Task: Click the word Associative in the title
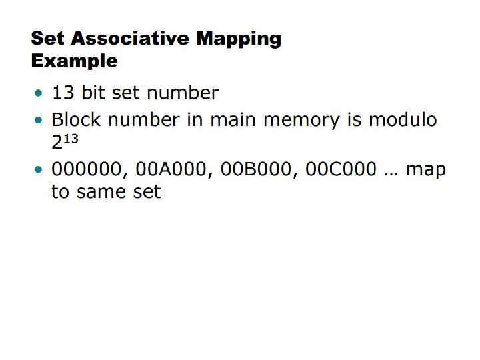point(131,39)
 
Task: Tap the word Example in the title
point(75,62)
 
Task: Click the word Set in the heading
point(47,39)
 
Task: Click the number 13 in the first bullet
point(63,93)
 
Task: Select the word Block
point(74,120)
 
